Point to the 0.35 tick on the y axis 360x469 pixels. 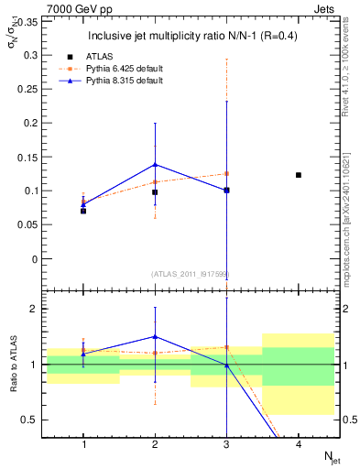coord(29,21)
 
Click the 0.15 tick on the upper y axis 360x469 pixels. coord(29,157)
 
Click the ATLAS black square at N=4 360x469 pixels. coord(299,175)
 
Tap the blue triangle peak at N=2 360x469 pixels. coord(155,165)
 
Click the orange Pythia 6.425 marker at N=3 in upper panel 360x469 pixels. coord(226,173)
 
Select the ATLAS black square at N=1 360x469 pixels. coord(83,211)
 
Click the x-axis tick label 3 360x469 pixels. coord(226,444)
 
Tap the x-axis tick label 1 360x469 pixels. coord(83,444)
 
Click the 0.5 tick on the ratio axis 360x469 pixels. coord(29,420)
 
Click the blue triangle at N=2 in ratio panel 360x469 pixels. coord(155,336)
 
